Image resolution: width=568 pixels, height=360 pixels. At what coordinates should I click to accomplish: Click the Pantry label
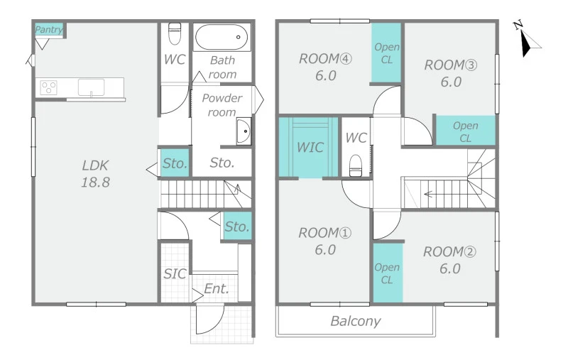click(x=48, y=29)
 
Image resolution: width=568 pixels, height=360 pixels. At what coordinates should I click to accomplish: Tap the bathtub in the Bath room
click(x=222, y=37)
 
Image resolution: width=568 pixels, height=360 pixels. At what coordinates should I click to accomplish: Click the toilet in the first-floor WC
click(x=175, y=33)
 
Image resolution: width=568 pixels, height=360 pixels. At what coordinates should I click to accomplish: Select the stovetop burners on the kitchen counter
click(x=48, y=87)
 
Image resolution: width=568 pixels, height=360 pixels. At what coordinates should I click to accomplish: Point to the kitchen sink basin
click(x=92, y=87)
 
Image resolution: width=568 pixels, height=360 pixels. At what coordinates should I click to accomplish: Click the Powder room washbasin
click(x=244, y=131)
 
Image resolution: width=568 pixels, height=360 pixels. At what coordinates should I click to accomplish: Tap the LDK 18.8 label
click(x=95, y=174)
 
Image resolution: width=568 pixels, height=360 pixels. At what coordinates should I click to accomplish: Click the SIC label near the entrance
click(x=175, y=274)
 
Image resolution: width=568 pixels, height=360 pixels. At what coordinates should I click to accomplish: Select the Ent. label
click(x=217, y=289)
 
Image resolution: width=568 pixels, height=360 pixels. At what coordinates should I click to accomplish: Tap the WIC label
click(x=310, y=148)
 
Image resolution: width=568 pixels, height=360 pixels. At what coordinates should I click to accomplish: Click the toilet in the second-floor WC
click(x=356, y=165)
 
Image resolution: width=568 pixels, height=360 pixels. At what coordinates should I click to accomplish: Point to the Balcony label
click(x=356, y=321)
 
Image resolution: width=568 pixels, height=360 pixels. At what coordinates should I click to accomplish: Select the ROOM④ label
click(x=325, y=59)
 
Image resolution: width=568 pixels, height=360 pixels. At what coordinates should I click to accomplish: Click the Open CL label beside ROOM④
click(x=387, y=53)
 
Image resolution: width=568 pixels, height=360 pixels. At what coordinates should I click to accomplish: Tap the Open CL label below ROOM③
click(x=466, y=132)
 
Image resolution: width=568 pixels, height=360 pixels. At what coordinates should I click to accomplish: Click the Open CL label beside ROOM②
click(x=387, y=273)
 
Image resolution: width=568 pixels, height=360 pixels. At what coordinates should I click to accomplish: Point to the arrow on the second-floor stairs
click(x=429, y=194)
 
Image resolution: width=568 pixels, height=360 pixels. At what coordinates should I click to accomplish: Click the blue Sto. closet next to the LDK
click(x=175, y=163)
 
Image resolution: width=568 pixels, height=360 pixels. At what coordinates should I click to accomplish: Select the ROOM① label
click(x=325, y=233)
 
